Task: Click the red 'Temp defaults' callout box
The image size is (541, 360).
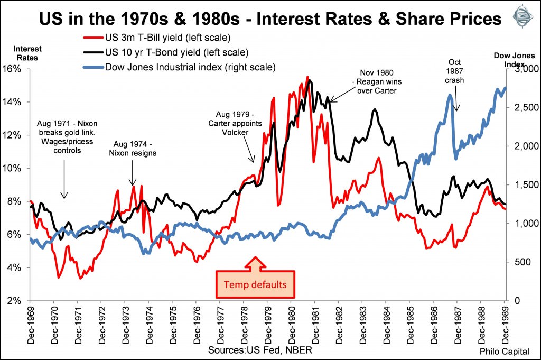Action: (255, 284)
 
